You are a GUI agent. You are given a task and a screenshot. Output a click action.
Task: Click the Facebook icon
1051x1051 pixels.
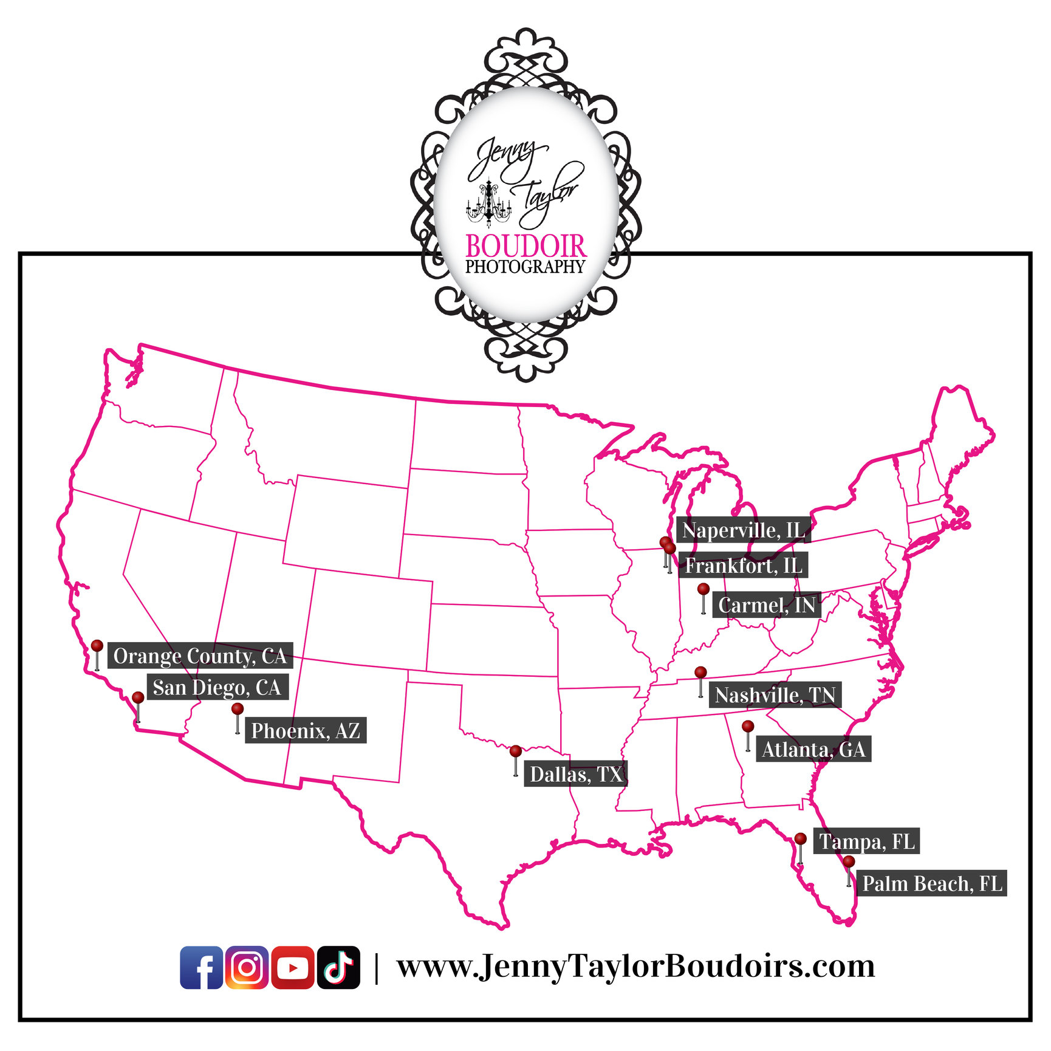(201, 967)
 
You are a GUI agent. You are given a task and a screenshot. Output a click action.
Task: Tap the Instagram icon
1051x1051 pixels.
(247, 967)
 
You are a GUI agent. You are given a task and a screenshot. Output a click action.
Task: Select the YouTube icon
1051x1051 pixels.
(293, 967)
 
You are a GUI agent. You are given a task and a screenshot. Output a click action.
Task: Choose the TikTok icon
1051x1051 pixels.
(338, 967)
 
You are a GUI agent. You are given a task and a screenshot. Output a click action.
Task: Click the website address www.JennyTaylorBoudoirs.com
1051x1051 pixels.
(635, 966)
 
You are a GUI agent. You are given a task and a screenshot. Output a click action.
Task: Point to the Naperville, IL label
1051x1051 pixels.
(743, 530)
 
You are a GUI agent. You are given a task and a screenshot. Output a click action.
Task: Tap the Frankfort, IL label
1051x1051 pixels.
(743, 566)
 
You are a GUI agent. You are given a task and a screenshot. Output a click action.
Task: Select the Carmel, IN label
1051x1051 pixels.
(766, 605)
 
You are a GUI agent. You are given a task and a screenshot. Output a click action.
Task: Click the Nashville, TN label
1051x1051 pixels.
(775, 694)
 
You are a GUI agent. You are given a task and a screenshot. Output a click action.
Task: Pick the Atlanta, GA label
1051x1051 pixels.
(813, 749)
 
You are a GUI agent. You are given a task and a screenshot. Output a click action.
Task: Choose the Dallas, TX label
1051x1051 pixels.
(575, 774)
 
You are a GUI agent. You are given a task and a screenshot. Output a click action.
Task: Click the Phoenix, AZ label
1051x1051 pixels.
(305, 730)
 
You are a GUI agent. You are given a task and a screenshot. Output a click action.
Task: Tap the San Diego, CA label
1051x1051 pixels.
(217, 687)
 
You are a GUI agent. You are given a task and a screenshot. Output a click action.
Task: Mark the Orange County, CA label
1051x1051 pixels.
(200, 656)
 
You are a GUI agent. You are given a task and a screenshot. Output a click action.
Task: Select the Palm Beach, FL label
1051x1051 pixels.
(932, 883)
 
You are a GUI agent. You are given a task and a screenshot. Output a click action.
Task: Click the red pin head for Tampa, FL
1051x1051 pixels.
(801, 839)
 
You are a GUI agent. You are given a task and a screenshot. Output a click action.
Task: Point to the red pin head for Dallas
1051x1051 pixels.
(516, 751)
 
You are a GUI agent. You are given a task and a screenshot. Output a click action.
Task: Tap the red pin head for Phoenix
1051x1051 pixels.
(238, 709)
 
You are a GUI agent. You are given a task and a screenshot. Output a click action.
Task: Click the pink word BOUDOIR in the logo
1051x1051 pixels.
(525, 246)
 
